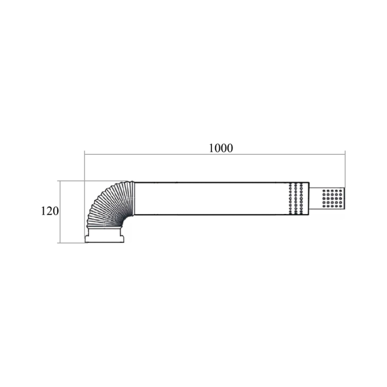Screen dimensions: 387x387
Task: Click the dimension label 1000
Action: (221, 148)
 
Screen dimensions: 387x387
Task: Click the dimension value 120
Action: (50, 211)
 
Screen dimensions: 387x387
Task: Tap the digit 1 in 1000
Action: (211, 148)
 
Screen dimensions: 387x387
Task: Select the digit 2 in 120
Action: (50, 211)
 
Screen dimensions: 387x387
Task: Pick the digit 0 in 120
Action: (56, 211)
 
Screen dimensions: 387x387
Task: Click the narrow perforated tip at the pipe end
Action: (327, 199)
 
